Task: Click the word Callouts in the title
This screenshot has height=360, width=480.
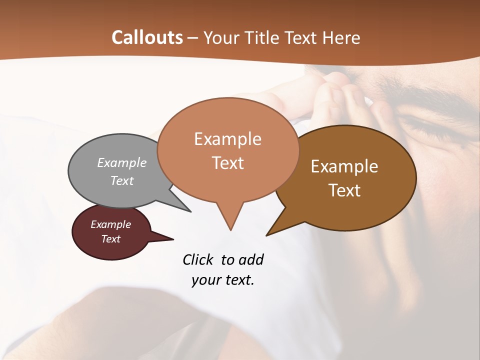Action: click(x=147, y=37)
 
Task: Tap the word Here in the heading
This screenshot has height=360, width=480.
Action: click(x=341, y=37)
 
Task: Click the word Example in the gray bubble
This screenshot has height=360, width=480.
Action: click(x=122, y=162)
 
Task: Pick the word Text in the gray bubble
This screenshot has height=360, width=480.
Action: click(x=122, y=180)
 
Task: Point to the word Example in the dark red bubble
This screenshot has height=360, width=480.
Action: click(x=110, y=224)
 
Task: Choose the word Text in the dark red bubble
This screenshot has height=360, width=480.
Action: click(x=110, y=239)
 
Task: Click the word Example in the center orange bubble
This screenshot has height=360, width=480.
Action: click(x=227, y=139)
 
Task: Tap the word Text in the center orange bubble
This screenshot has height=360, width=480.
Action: click(x=227, y=163)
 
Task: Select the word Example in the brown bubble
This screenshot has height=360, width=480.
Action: click(x=344, y=166)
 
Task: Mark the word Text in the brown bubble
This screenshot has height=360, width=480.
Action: click(x=344, y=190)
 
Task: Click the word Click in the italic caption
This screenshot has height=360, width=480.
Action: click(x=197, y=259)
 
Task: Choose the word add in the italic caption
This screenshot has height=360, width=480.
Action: click(x=251, y=259)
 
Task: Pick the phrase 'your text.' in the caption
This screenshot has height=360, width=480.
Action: click(x=223, y=280)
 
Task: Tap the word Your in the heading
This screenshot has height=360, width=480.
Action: click(x=220, y=37)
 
